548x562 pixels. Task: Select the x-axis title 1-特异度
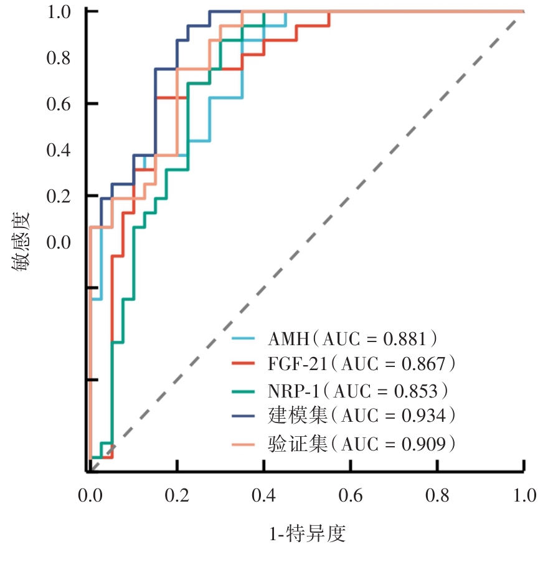click(307, 533)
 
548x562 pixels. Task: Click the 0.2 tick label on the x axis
click(177, 496)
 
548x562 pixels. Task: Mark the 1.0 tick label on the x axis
click(524, 496)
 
